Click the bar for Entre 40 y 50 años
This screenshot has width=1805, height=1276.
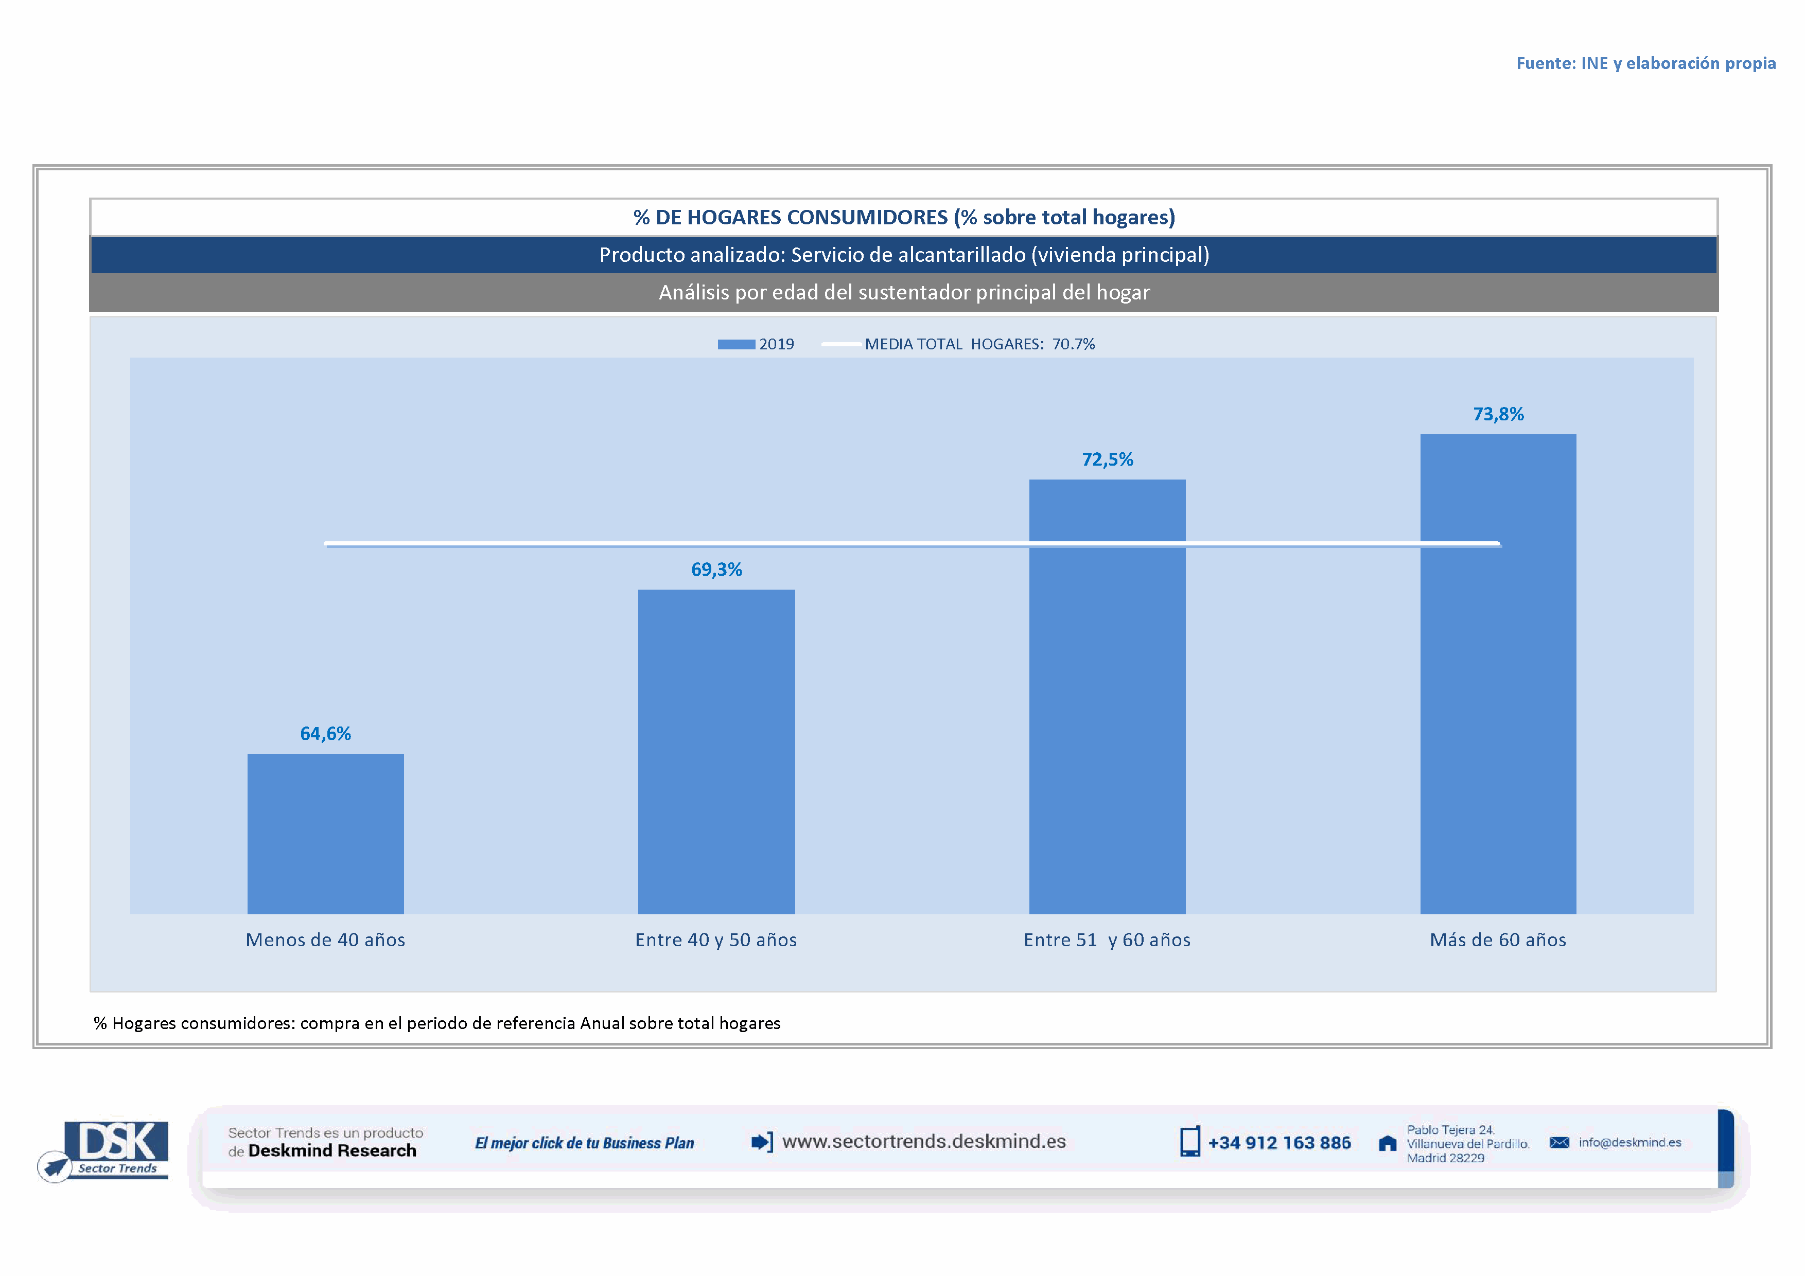[716, 751]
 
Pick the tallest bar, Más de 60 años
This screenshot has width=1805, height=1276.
[1498, 674]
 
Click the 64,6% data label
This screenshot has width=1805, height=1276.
[325, 733]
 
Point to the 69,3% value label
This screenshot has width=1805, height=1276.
[716, 569]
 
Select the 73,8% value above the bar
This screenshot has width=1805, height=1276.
[1498, 414]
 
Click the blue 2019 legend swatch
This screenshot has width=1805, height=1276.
[736, 344]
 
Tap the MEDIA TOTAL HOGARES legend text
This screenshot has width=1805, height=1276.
[979, 344]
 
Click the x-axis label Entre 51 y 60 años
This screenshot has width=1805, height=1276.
[1107, 940]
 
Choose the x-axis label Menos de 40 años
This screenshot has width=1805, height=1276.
[325, 940]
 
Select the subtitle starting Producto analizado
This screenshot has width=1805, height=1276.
[904, 255]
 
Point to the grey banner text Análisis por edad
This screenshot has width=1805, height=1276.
[904, 292]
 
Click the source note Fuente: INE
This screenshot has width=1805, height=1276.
[1645, 63]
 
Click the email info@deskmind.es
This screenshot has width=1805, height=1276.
[1629, 1142]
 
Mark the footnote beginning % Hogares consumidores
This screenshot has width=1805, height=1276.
[437, 1023]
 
